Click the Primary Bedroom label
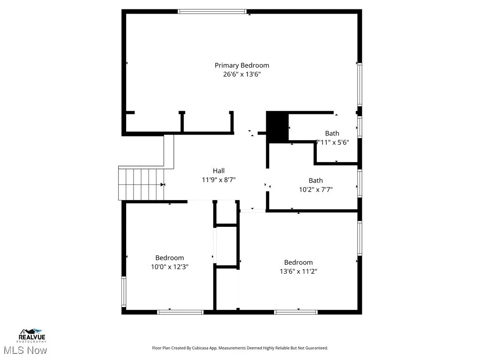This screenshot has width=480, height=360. click(242, 65)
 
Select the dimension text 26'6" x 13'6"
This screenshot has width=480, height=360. click(242, 74)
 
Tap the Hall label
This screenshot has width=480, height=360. click(218, 171)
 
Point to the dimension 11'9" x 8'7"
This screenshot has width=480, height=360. click(218, 180)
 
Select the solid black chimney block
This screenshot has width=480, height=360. click(277, 127)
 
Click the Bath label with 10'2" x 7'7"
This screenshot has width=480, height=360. click(315, 180)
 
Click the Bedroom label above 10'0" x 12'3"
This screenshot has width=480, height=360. click(170, 258)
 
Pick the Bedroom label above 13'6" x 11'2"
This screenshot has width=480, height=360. click(298, 262)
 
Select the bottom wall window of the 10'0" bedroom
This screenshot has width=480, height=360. click(180, 312)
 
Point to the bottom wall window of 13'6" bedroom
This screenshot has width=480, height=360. click(296, 312)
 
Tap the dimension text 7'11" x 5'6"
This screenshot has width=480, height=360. click(333, 142)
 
